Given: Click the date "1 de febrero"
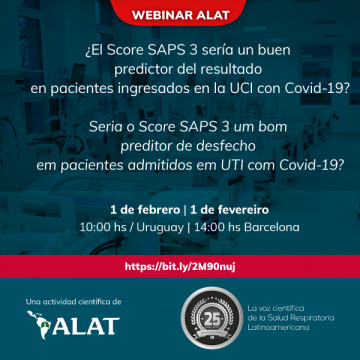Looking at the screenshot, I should [145, 209].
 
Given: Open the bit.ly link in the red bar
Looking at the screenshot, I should [179, 267].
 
